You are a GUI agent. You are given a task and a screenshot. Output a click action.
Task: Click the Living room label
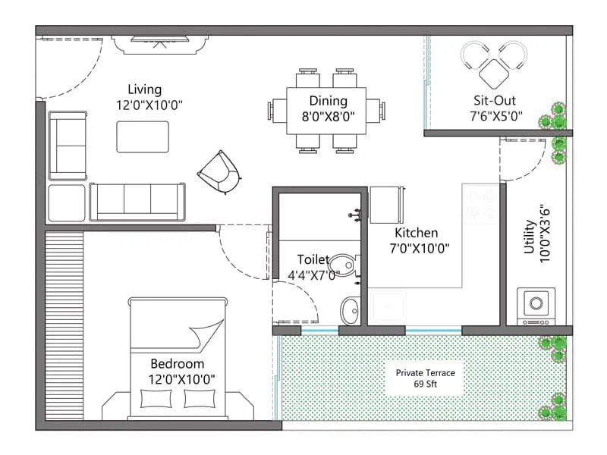[x=144, y=89]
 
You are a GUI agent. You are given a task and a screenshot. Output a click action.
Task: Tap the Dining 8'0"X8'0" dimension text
[x=328, y=116]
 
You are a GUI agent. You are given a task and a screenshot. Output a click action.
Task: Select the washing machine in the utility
[x=536, y=305]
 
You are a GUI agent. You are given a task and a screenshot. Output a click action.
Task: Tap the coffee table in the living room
[x=143, y=136]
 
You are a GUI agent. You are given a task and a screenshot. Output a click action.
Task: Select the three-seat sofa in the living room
[x=137, y=201]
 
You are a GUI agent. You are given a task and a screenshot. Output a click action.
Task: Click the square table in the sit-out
[x=494, y=72]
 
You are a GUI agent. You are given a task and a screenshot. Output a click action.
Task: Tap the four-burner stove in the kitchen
[x=480, y=202]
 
